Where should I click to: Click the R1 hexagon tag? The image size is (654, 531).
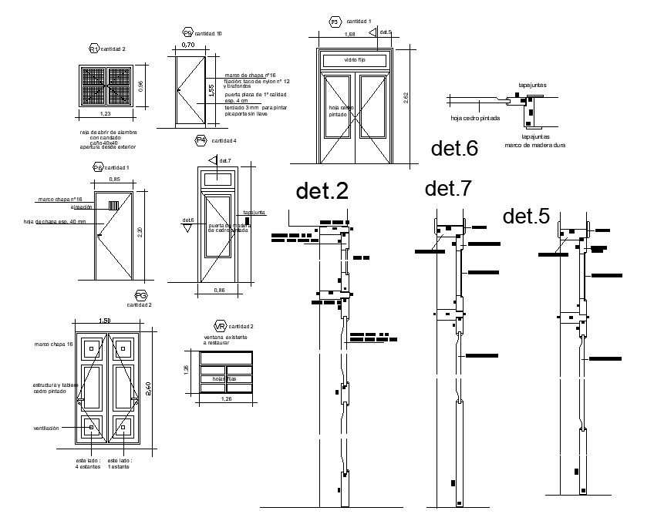95,49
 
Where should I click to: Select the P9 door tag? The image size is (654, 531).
187,33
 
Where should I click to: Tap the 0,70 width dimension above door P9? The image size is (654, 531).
188,45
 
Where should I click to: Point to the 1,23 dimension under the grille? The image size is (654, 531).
106,114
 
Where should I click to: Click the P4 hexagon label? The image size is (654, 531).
201,140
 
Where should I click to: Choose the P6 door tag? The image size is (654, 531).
98,167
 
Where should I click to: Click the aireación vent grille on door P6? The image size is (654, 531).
113,206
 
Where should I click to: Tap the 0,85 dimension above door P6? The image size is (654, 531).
114,180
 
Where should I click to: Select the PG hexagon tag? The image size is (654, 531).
140,295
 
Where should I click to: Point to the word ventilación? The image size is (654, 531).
46,428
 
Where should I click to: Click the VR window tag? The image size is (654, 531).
220,326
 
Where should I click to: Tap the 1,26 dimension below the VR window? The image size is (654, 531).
226,399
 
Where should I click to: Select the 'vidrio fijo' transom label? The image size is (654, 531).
356,59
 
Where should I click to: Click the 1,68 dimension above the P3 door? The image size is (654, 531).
349,35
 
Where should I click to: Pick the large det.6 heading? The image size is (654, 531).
454,149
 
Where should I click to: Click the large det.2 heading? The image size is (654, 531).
322,192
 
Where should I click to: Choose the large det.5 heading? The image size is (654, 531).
526,217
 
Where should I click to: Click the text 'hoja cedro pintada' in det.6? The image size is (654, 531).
475,119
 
